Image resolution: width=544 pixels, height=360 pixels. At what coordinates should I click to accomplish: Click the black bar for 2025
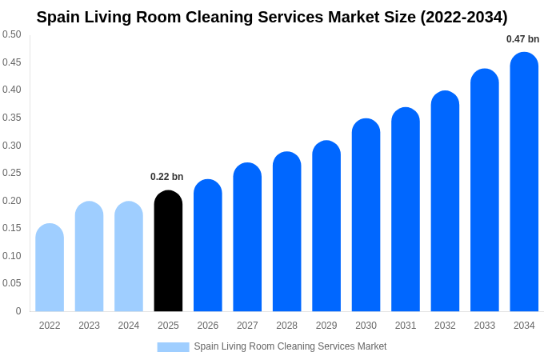pos(168,251)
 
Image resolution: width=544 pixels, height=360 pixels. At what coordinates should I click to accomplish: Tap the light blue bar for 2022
pos(50,268)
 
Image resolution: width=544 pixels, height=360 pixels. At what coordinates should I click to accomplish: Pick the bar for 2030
pos(366,215)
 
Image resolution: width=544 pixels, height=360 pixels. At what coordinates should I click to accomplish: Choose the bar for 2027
pos(247,238)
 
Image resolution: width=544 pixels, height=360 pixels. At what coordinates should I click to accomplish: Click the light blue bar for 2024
pos(129,257)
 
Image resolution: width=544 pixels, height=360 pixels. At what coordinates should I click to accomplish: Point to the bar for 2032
pos(445,202)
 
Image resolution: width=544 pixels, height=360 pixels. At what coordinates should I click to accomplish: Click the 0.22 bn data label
pos(166,177)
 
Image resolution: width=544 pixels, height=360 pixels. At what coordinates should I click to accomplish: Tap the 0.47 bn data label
pos(522,39)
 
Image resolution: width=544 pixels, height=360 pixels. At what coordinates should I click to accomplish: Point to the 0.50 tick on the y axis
pos(12,34)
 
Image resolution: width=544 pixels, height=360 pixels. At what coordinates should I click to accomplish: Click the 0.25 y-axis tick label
pos(12,173)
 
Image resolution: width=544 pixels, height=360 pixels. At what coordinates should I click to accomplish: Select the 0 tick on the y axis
pos(18,311)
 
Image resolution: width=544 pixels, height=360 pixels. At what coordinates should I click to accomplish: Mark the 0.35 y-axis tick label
pos(12,118)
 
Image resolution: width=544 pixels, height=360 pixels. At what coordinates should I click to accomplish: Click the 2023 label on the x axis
pos(89,326)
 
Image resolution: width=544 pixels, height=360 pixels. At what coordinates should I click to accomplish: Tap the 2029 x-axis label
pos(326,326)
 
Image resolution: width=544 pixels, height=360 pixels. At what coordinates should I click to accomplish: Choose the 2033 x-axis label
pos(484,326)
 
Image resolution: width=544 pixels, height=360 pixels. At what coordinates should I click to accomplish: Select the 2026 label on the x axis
pos(208,326)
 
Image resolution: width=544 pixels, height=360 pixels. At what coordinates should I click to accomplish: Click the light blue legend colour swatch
pos(173,347)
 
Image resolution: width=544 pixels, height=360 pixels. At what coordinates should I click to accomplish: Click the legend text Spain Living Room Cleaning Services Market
pos(290,346)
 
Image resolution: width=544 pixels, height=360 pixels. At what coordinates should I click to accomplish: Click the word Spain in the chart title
pos(59,17)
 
